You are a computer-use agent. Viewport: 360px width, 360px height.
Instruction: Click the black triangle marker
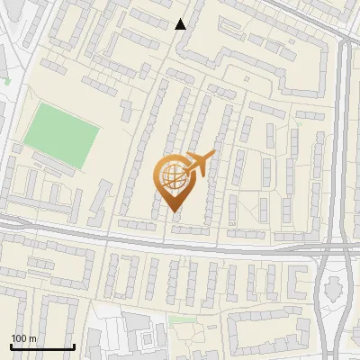pyautogui.click(x=181, y=24)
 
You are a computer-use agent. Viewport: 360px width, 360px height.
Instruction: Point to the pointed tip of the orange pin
pyautogui.click(x=173, y=212)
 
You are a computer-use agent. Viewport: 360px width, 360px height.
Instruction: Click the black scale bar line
pyautogui.click(x=41, y=346)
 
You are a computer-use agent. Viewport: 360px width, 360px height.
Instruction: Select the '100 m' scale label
pyautogui.click(x=23, y=338)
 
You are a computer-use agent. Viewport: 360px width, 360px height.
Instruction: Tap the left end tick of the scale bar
pyautogui.click(x=11, y=346)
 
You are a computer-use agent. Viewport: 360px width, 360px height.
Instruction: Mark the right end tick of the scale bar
pyautogui.click(x=73, y=346)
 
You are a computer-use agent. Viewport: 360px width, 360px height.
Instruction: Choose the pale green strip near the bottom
pyautogui.click(x=183, y=319)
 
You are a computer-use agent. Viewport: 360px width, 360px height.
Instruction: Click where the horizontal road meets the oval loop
pyautogui.click(x=324, y=248)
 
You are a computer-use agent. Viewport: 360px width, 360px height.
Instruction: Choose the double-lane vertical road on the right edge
pyautogui.click(x=346, y=135)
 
